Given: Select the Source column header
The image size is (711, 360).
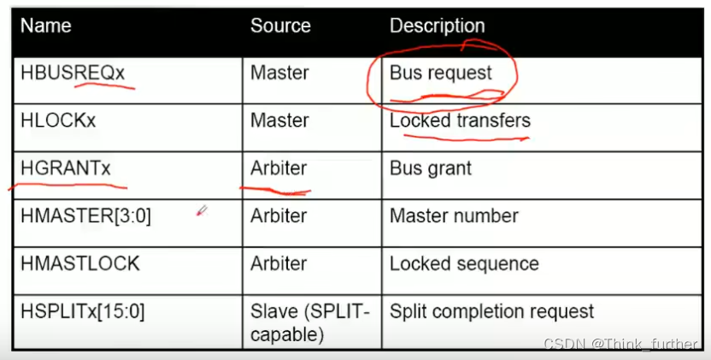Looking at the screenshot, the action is coord(280,27).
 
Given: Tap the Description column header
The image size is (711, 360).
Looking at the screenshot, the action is coord(437,27).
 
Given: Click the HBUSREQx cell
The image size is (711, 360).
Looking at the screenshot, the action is coord(73,74).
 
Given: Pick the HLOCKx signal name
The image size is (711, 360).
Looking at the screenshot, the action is coord(58,121).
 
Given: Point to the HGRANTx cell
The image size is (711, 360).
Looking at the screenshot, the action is coord(66,168).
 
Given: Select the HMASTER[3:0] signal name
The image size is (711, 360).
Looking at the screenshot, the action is coord(85,215).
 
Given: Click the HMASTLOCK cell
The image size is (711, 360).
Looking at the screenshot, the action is coord(79,263).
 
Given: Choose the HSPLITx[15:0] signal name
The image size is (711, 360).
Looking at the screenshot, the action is coord(83,311).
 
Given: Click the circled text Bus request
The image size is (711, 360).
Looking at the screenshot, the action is coord(441,74).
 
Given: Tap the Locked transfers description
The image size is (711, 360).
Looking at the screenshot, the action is coord(460,121).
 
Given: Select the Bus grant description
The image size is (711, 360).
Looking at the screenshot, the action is coord(431,168).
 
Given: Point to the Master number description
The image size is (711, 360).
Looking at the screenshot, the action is coord(454,215).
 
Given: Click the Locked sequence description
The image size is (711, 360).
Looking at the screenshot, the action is coord(464,263).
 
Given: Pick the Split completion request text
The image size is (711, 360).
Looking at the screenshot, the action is coord(491,311).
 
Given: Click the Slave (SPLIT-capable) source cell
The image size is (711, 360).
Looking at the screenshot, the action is coord(309,322).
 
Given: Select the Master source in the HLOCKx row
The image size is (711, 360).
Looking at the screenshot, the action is coord(279,121).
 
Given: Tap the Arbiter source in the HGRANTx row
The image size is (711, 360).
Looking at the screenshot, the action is coord(279,168).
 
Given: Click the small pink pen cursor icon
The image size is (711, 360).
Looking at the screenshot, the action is coord(201,210).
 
